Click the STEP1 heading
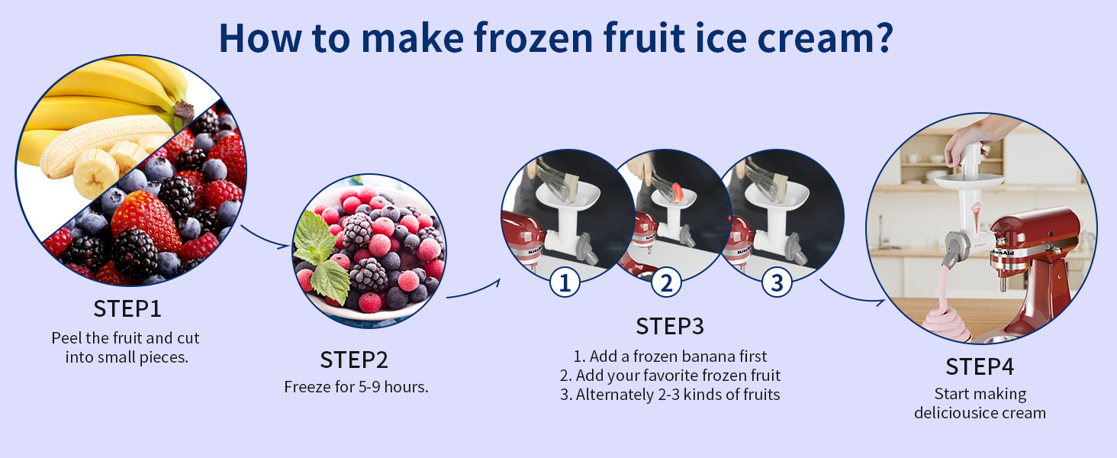coord(127,309)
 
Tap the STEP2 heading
coord(354,360)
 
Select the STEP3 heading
coord(670,326)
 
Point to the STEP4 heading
coord(980,366)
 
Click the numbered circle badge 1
coord(565,282)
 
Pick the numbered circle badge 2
coord(666,282)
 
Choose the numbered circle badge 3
coord(777,282)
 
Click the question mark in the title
coord(883,38)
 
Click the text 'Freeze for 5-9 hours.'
coord(356,387)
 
